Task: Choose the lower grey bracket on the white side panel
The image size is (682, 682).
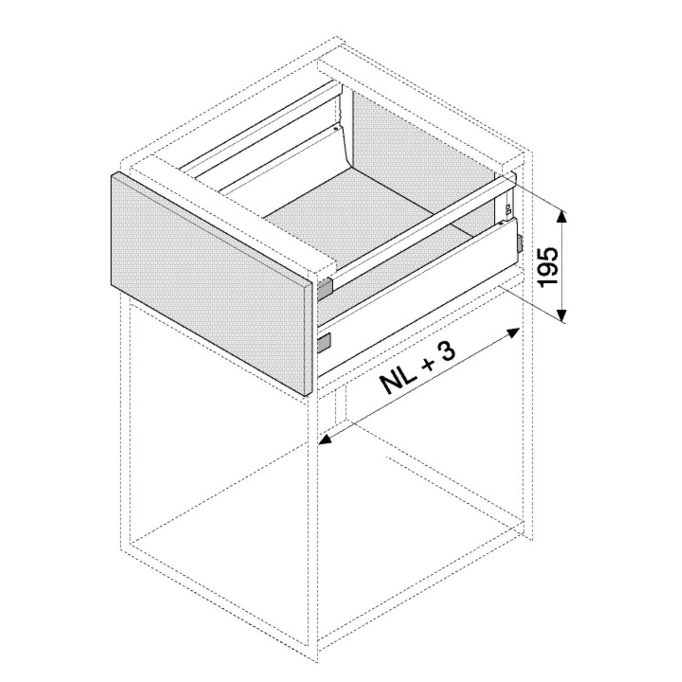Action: pos(325,342)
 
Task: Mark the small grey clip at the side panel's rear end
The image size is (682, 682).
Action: pos(519,243)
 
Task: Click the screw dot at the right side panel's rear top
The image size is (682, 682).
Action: pos(501,224)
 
